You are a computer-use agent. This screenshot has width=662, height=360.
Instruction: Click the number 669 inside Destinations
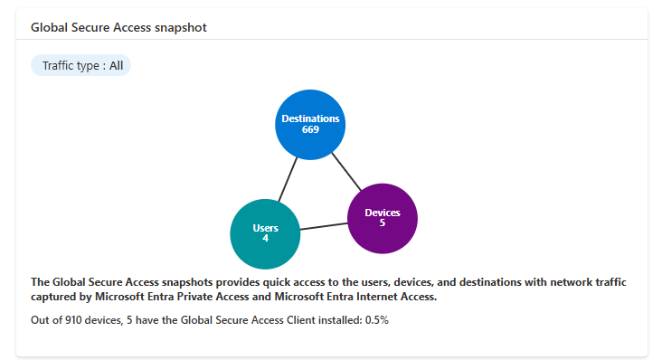310,129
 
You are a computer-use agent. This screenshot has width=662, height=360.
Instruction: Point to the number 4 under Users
266,239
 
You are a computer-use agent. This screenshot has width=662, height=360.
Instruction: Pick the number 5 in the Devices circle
382,223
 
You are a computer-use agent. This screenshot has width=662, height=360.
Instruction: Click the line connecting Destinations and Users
288,180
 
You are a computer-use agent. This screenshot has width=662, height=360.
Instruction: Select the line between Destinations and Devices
346,172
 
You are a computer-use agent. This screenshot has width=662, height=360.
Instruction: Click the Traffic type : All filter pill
81,66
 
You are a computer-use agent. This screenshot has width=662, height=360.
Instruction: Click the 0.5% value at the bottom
376,320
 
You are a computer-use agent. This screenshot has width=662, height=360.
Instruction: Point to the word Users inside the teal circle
266,228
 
